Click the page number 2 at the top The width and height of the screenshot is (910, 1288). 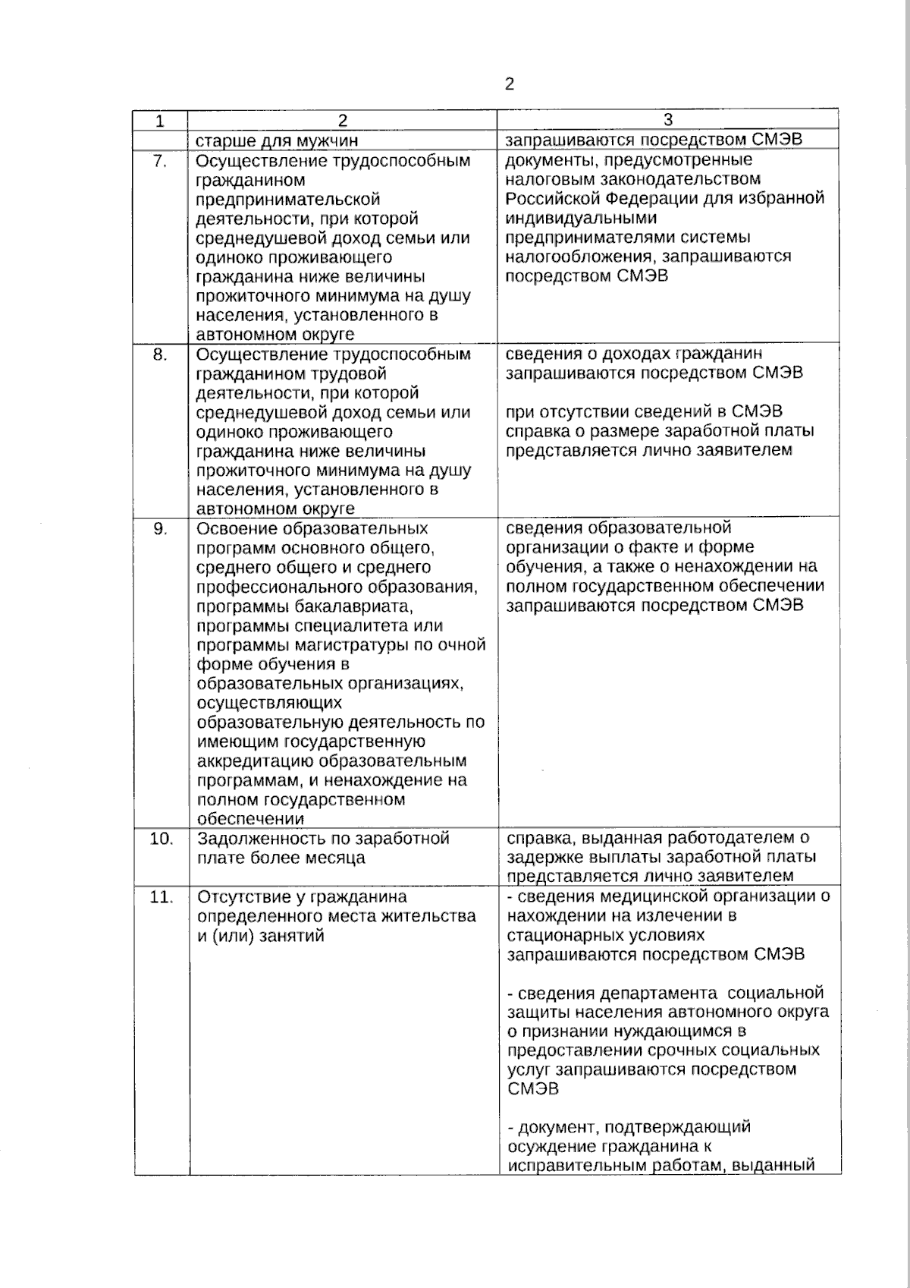click(x=509, y=84)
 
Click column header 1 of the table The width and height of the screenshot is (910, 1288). click(x=160, y=121)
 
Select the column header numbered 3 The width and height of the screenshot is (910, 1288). click(x=667, y=120)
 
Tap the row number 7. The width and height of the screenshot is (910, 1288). click(x=160, y=161)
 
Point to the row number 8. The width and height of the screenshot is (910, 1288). click(x=160, y=354)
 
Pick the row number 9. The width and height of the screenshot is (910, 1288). click(x=160, y=528)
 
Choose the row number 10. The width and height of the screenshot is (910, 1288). click(x=162, y=839)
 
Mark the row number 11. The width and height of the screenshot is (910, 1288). click(x=162, y=897)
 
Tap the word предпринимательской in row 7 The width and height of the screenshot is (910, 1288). click(x=288, y=200)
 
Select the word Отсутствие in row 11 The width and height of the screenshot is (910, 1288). click(x=249, y=897)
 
